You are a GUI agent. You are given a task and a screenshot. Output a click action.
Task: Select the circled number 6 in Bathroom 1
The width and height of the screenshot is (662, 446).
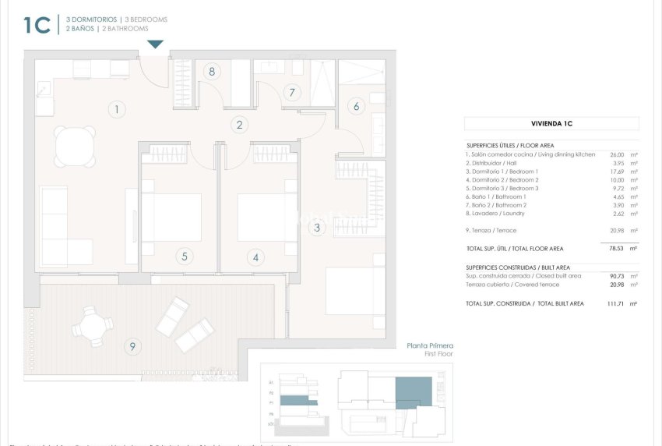click(x=357, y=107)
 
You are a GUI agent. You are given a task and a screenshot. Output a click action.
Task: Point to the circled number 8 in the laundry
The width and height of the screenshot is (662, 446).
click(x=212, y=72)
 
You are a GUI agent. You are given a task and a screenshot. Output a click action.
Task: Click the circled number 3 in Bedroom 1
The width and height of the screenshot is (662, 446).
click(x=316, y=228)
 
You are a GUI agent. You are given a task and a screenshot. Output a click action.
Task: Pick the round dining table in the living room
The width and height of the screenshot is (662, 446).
click(x=75, y=145)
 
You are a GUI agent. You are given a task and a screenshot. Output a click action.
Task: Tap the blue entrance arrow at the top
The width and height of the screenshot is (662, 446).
click(x=156, y=44)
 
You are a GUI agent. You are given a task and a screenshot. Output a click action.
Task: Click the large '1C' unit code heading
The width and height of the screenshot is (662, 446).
click(x=37, y=25)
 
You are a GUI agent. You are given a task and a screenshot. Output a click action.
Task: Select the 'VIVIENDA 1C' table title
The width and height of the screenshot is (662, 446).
click(x=551, y=124)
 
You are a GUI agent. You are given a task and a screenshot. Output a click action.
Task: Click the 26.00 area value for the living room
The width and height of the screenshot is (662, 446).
click(x=617, y=154)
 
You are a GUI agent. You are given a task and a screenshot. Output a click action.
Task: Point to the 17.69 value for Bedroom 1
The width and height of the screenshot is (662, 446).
click(x=617, y=172)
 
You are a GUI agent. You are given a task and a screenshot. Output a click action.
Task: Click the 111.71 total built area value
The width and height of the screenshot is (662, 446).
click(x=615, y=303)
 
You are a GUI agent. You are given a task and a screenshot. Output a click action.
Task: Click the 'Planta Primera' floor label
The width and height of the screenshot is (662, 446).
click(x=430, y=345)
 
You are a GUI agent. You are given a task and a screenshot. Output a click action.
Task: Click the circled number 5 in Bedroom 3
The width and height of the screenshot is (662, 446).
click(x=185, y=256)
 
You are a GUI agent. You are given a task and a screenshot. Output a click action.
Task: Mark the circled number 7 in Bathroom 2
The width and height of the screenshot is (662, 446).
click(x=292, y=93)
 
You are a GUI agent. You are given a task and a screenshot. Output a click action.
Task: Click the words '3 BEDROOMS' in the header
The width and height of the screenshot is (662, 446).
click(x=146, y=19)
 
